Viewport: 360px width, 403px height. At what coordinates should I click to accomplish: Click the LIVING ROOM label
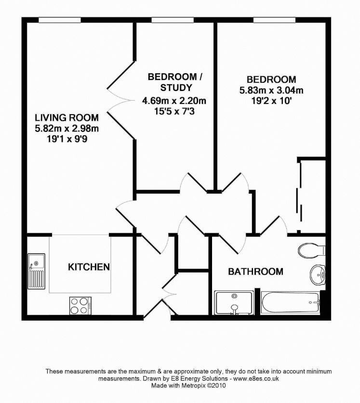coord(67,117)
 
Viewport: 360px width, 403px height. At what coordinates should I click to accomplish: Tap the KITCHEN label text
coord(89,267)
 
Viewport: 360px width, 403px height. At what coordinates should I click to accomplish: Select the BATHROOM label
coord(255,272)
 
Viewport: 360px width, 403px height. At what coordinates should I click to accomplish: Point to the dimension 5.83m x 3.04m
coord(271,90)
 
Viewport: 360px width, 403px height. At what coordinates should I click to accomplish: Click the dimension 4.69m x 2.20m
coord(174,101)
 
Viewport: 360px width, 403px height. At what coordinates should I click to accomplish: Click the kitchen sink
coord(37,273)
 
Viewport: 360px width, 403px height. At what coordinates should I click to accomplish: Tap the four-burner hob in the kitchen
coord(80,304)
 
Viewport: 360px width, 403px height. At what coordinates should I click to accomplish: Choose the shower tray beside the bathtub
coord(234,303)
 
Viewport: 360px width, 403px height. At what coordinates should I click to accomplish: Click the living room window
coord(60,20)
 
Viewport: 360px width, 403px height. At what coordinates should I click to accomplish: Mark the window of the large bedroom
coord(274,20)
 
